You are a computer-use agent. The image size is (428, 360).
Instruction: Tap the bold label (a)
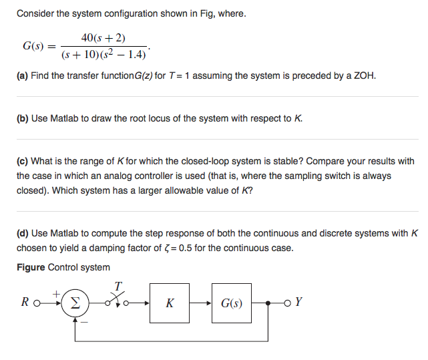coord(23,76)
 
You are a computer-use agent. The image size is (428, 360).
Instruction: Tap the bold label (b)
coord(23,118)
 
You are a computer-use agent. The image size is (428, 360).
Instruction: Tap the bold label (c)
coord(23,161)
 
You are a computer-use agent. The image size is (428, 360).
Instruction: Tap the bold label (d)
coord(23,233)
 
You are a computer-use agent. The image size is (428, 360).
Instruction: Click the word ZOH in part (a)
coord(365,76)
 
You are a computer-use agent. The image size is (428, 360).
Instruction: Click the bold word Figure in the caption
coord(31,267)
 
